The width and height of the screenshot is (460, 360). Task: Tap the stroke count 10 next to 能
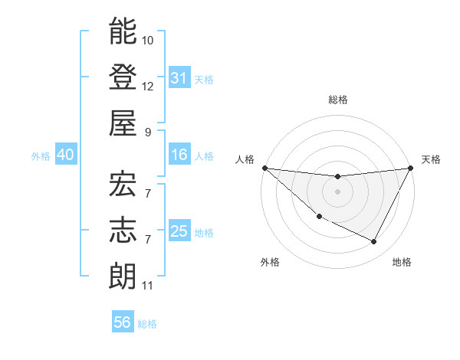click(148, 40)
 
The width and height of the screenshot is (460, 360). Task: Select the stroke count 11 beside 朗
click(148, 286)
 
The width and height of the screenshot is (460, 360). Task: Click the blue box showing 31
click(179, 77)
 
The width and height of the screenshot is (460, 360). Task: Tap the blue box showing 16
click(179, 155)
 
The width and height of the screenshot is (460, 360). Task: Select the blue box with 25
click(179, 231)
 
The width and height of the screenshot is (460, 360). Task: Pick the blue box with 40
click(65, 155)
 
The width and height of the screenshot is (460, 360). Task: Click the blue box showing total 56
click(123, 322)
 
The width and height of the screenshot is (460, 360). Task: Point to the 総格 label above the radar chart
click(337, 100)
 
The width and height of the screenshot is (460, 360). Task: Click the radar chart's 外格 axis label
click(270, 262)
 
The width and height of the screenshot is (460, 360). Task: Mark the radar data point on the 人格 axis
click(264, 168)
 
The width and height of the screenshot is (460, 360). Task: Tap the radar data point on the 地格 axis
click(374, 242)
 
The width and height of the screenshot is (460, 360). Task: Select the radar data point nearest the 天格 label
click(410, 168)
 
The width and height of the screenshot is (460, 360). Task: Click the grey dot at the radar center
click(337, 191)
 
